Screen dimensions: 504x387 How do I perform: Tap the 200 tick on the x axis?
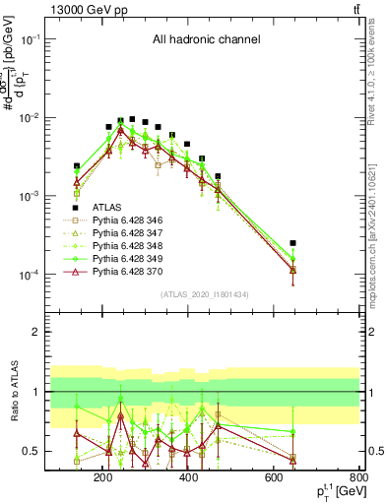pyautogui.click(x=102, y=479)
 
